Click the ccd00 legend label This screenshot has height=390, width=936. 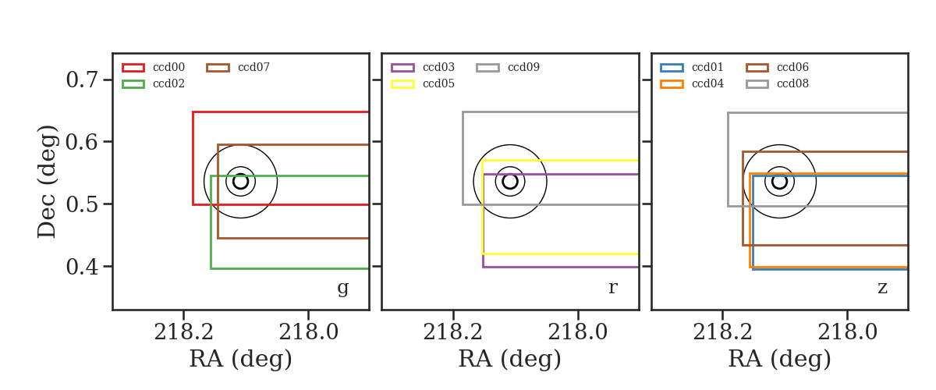[x=168, y=67]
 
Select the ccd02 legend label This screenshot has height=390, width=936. [x=168, y=83]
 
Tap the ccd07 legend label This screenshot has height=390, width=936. [x=253, y=67]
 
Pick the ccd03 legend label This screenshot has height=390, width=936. [x=438, y=67]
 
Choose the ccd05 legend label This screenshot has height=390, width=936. [x=438, y=83]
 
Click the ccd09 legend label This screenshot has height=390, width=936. [x=523, y=67]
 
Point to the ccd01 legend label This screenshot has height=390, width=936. [x=707, y=67]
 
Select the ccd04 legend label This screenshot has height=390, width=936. [x=707, y=83]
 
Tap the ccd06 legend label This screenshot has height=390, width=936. [x=792, y=67]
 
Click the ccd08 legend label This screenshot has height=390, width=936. [x=792, y=83]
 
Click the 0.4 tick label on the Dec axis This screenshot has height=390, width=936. [x=82, y=266]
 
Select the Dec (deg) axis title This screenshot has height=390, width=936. [x=46, y=182]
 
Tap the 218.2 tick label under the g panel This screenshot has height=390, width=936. [x=183, y=332]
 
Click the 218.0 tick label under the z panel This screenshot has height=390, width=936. [x=847, y=332]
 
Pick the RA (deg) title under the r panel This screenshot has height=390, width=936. [x=510, y=359]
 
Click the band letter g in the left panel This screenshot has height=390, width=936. [x=342, y=289]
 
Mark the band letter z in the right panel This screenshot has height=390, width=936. [x=882, y=288]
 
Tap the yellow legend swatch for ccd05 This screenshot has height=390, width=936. [x=402, y=84]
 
